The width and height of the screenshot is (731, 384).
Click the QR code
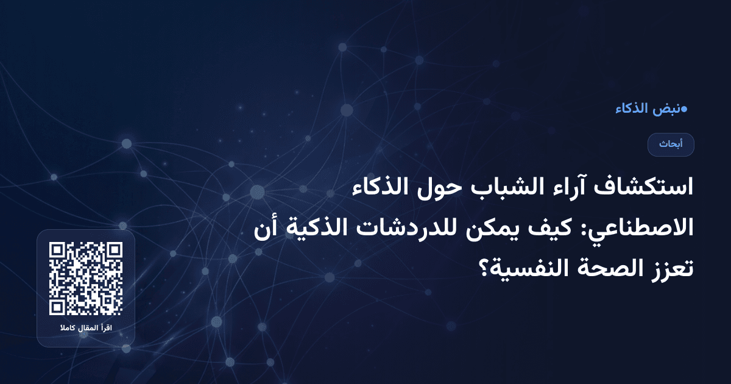86,279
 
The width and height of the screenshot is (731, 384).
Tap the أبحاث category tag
671,144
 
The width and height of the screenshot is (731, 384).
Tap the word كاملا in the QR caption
66,329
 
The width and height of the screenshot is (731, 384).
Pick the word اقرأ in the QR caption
108,329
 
